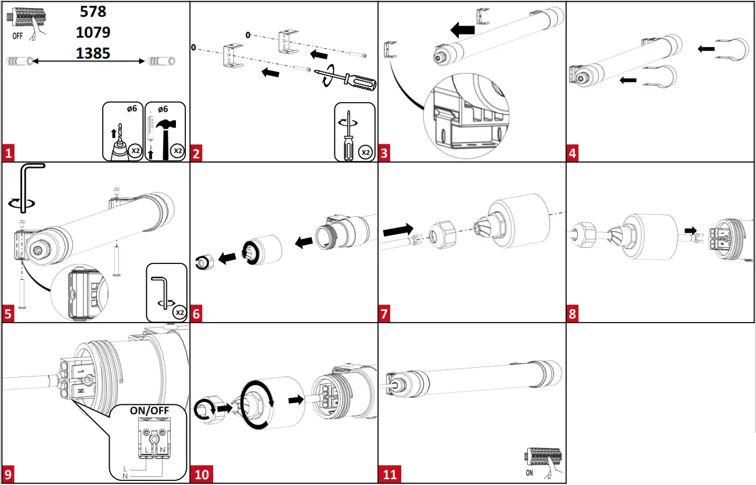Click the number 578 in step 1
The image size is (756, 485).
click(x=93, y=12)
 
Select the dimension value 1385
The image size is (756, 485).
click(x=93, y=53)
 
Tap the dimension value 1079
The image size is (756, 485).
click(x=93, y=32)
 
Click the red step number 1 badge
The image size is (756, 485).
click(x=8, y=154)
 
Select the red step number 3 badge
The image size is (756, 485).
click(x=384, y=154)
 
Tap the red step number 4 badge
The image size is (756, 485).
click(x=573, y=154)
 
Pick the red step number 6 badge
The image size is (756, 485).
click(x=196, y=314)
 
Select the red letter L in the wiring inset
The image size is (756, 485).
click(x=125, y=468)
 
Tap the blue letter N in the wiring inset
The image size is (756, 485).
click(x=125, y=476)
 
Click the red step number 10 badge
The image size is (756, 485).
click(x=201, y=475)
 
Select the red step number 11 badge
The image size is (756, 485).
click(x=390, y=475)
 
